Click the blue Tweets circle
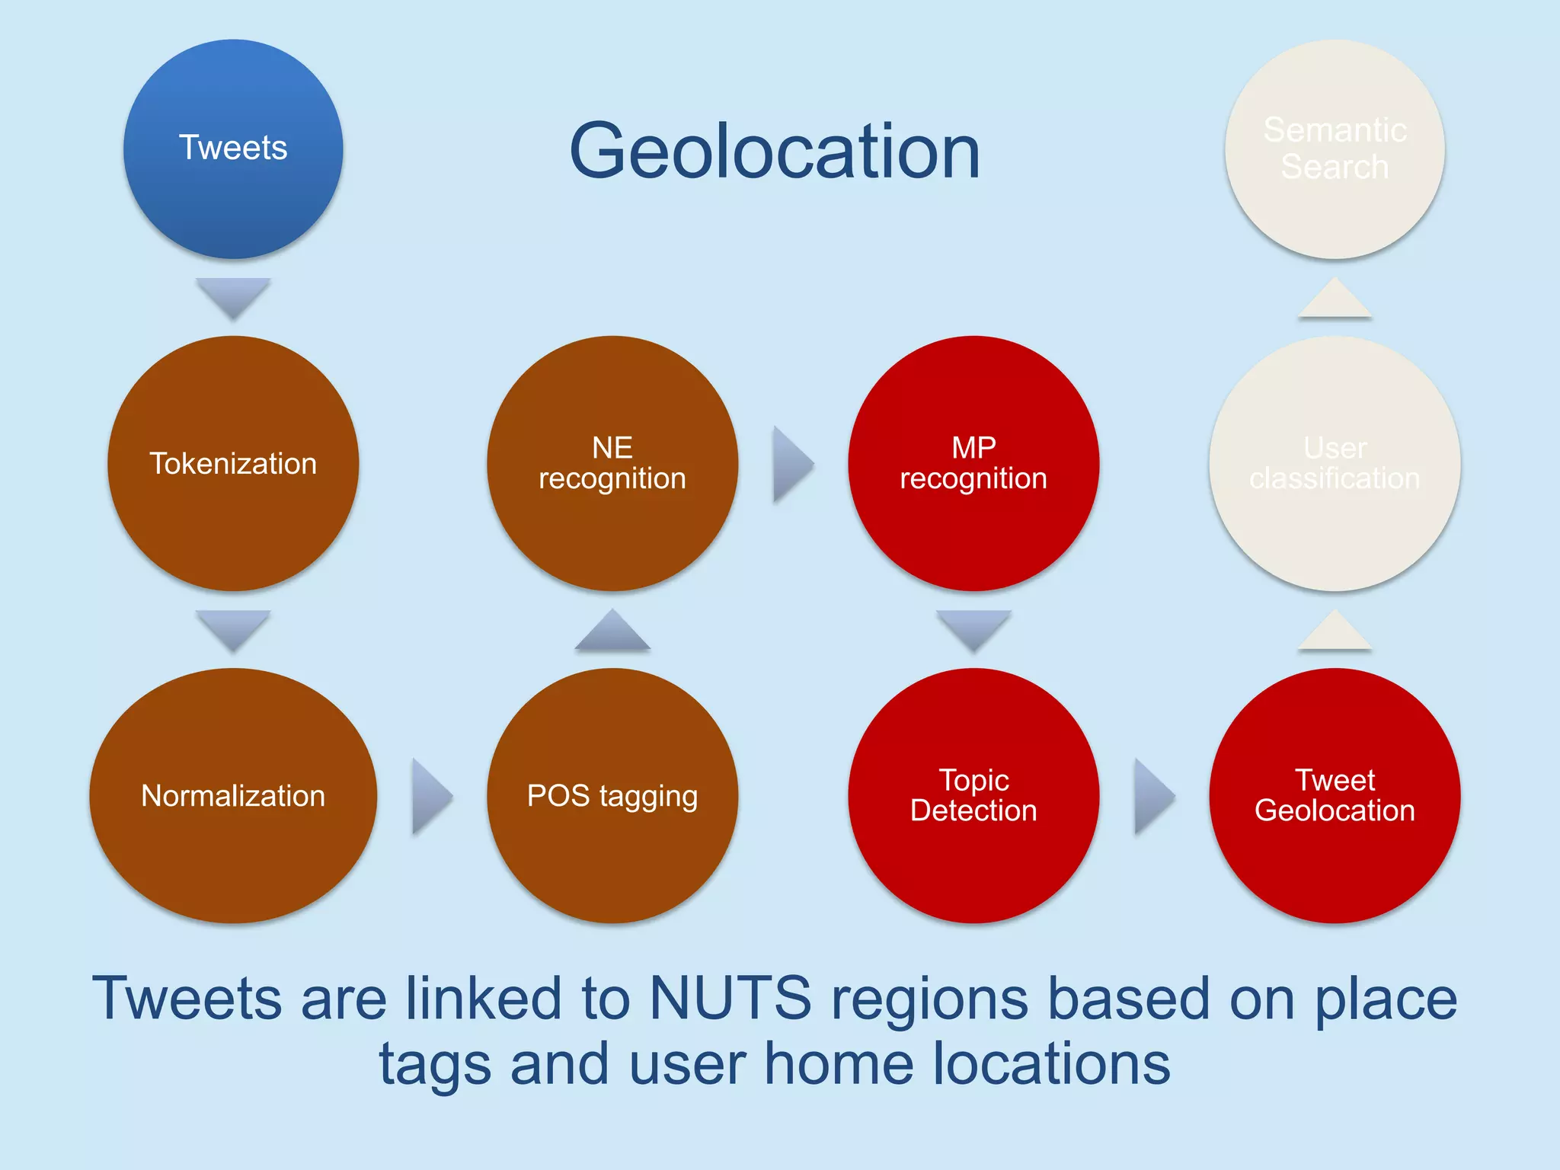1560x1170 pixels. (233, 149)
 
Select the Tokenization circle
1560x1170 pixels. (233, 463)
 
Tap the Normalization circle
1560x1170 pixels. (233, 795)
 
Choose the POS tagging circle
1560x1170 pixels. (612, 795)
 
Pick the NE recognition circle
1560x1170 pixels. (612, 463)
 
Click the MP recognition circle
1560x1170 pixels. (973, 463)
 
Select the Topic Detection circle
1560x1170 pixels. (973, 795)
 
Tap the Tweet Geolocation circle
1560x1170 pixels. (1335, 795)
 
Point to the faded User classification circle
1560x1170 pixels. (1335, 463)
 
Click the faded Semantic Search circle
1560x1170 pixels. (1335, 149)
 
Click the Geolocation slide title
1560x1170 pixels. (775, 152)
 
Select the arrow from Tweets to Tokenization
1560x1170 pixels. (233, 296)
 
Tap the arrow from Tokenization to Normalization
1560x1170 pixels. (233, 628)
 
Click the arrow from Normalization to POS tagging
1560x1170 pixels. (430, 796)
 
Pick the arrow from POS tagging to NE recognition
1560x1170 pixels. (612, 631)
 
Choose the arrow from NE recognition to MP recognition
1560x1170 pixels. (791, 464)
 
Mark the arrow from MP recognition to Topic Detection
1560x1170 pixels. (973, 628)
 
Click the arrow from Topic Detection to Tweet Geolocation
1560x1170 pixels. (1152, 796)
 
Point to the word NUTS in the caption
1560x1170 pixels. (730, 999)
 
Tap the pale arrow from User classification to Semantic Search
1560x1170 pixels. (1335, 299)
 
